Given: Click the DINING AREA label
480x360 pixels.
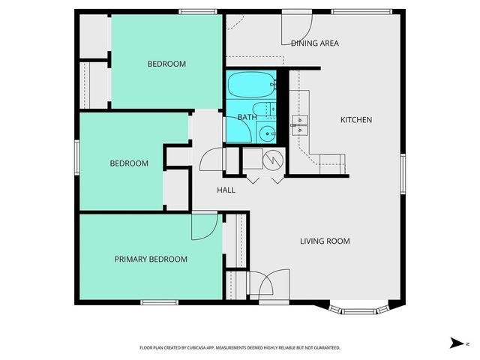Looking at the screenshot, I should click(315, 43).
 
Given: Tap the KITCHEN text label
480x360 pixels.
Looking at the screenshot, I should click(356, 120).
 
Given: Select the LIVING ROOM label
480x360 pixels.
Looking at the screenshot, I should click(325, 241).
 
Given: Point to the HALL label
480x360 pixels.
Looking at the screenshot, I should click(226, 190).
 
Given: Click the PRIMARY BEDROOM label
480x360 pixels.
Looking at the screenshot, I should click(151, 259).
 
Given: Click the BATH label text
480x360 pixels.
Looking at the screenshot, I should click(247, 117).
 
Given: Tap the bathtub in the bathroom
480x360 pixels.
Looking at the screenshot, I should click(251, 85).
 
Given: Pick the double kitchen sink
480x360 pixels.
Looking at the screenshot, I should click(301, 124).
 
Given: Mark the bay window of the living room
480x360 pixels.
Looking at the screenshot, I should click(361, 307).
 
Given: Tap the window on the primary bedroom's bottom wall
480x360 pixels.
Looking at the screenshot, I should click(158, 302).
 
